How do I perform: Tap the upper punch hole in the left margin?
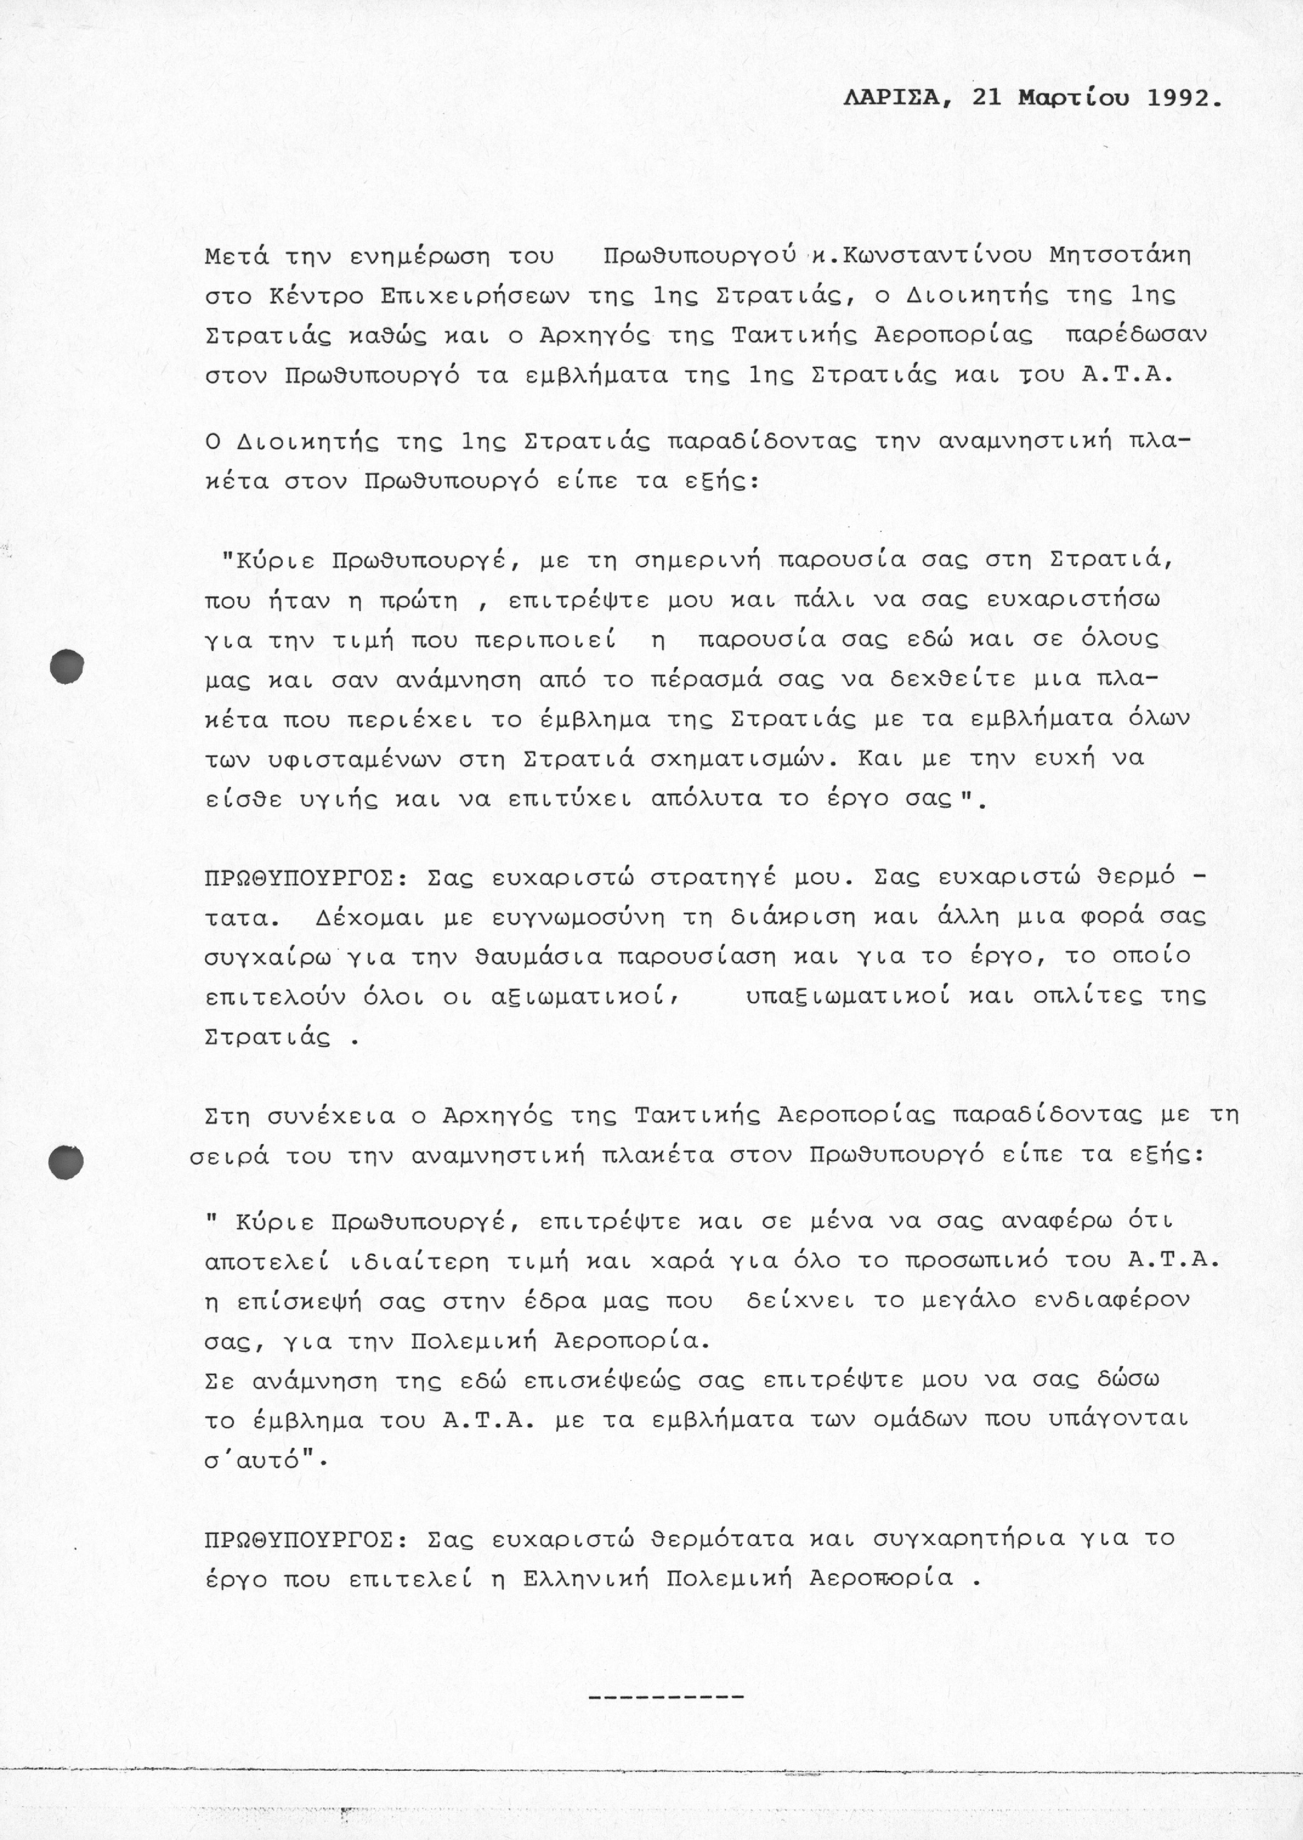point(67,666)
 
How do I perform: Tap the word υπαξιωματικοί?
point(849,997)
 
